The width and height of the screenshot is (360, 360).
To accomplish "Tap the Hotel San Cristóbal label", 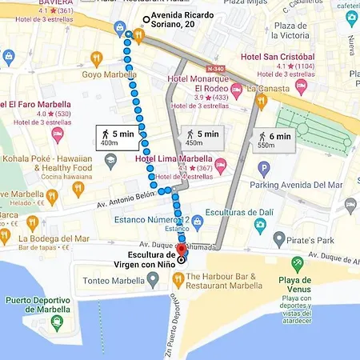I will (x=278, y=58).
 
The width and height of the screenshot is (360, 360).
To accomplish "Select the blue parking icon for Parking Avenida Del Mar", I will (x=264, y=169).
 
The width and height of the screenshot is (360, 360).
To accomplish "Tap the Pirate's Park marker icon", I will (x=278, y=238).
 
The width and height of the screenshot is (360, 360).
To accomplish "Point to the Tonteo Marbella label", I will (x=113, y=281).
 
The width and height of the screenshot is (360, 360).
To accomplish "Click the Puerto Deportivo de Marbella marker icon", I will (x=56, y=322).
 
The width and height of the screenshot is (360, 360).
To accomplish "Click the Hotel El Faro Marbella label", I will (x=38, y=104).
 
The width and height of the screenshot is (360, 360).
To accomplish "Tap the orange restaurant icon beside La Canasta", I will (x=260, y=101).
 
